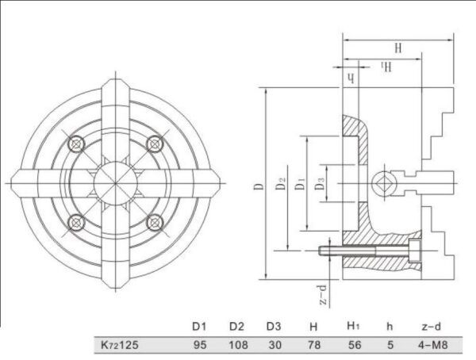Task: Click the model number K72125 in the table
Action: [118, 346]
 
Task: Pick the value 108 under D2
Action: [237, 346]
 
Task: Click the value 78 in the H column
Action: [313, 346]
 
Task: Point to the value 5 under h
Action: [389, 346]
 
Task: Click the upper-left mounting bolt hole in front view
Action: [76, 145]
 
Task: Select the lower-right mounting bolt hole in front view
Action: [154, 222]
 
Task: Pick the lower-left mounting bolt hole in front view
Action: [76, 222]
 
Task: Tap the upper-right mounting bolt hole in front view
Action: [154, 145]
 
